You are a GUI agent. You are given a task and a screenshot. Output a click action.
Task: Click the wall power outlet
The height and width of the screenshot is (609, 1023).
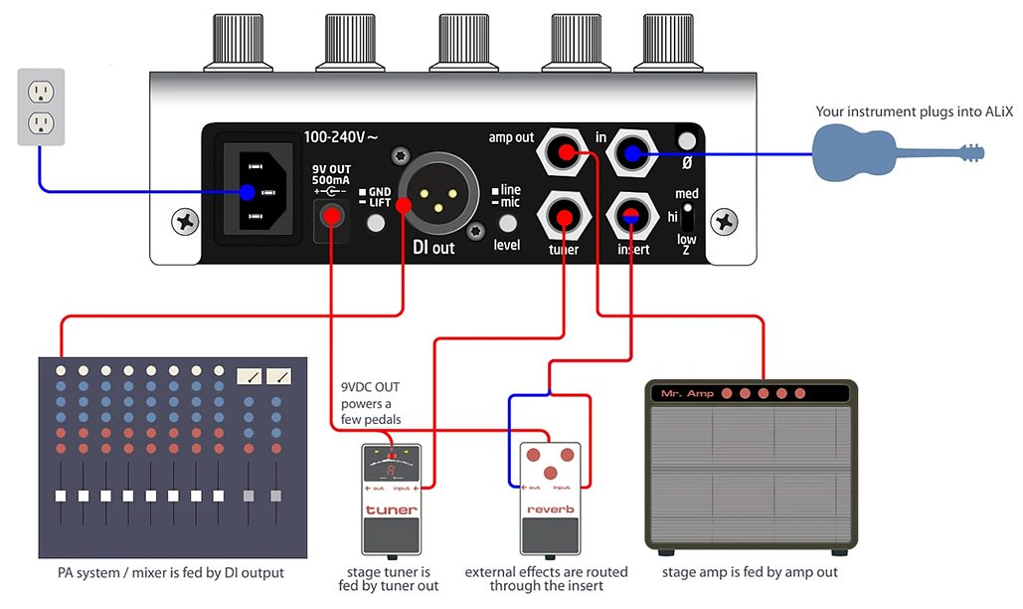point(41,107)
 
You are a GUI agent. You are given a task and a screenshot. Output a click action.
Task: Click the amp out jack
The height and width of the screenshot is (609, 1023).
point(563,152)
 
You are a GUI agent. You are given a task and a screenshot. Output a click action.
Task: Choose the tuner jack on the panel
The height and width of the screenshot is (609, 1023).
point(563,216)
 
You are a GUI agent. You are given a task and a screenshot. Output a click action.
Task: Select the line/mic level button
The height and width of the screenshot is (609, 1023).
point(508,223)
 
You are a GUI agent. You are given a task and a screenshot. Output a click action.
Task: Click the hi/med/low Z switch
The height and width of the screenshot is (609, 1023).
point(687,218)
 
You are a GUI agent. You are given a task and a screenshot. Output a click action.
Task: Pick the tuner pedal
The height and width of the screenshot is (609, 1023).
point(392,498)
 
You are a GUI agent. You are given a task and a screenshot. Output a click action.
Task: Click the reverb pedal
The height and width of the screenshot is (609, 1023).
point(550,498)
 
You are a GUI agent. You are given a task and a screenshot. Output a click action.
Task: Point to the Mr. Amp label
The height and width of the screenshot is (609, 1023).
point(687,394)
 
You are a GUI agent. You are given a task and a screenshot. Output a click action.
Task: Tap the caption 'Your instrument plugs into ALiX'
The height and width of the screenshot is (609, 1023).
point(914,111)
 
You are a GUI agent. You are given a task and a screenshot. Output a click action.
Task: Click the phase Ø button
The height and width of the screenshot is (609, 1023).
point(686,140)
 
